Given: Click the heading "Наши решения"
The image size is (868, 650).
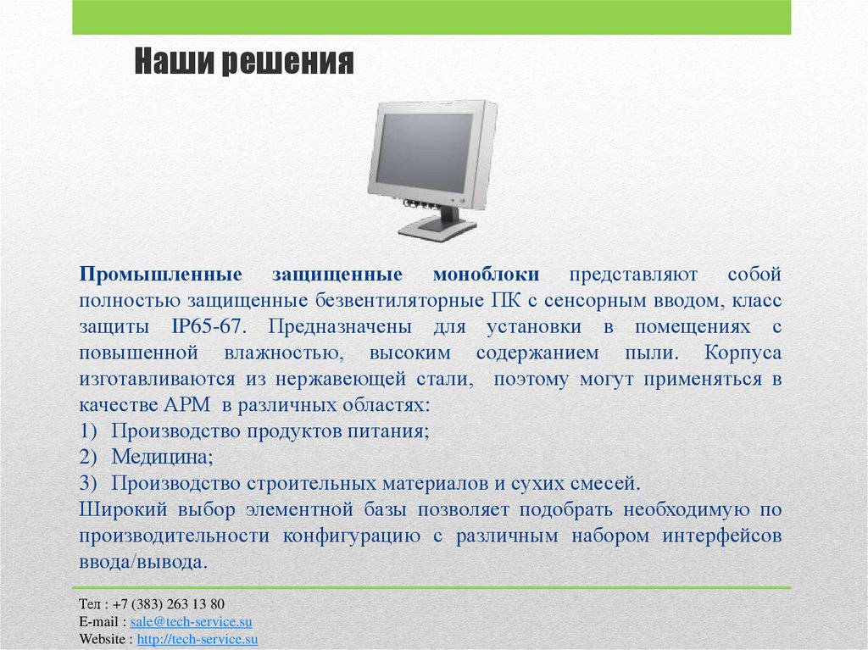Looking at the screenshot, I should tap(243, 64).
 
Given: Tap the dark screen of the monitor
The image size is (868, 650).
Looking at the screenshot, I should tap(423, 153).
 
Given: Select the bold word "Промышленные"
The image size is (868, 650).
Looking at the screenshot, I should tap(162, 275).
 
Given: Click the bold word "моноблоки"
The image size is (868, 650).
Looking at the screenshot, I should tap(486, 275).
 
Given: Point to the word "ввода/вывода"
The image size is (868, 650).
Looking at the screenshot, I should tap(142, 563).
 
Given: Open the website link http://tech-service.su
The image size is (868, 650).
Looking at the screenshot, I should tap(197, 639).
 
